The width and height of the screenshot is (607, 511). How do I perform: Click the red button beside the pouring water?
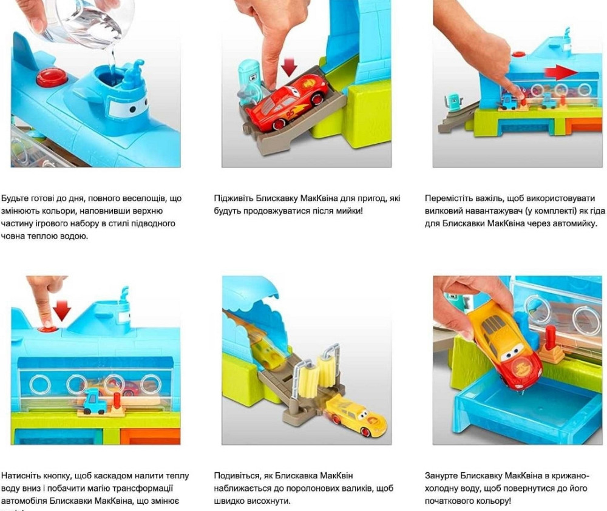click(49, 78)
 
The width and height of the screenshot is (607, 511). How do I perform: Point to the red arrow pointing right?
click(560, 73)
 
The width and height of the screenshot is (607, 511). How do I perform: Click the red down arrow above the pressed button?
click(61, 309)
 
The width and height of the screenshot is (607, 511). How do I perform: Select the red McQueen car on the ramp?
click(288, 99)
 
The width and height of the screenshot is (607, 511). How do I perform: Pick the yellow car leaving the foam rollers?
click(356, 419)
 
